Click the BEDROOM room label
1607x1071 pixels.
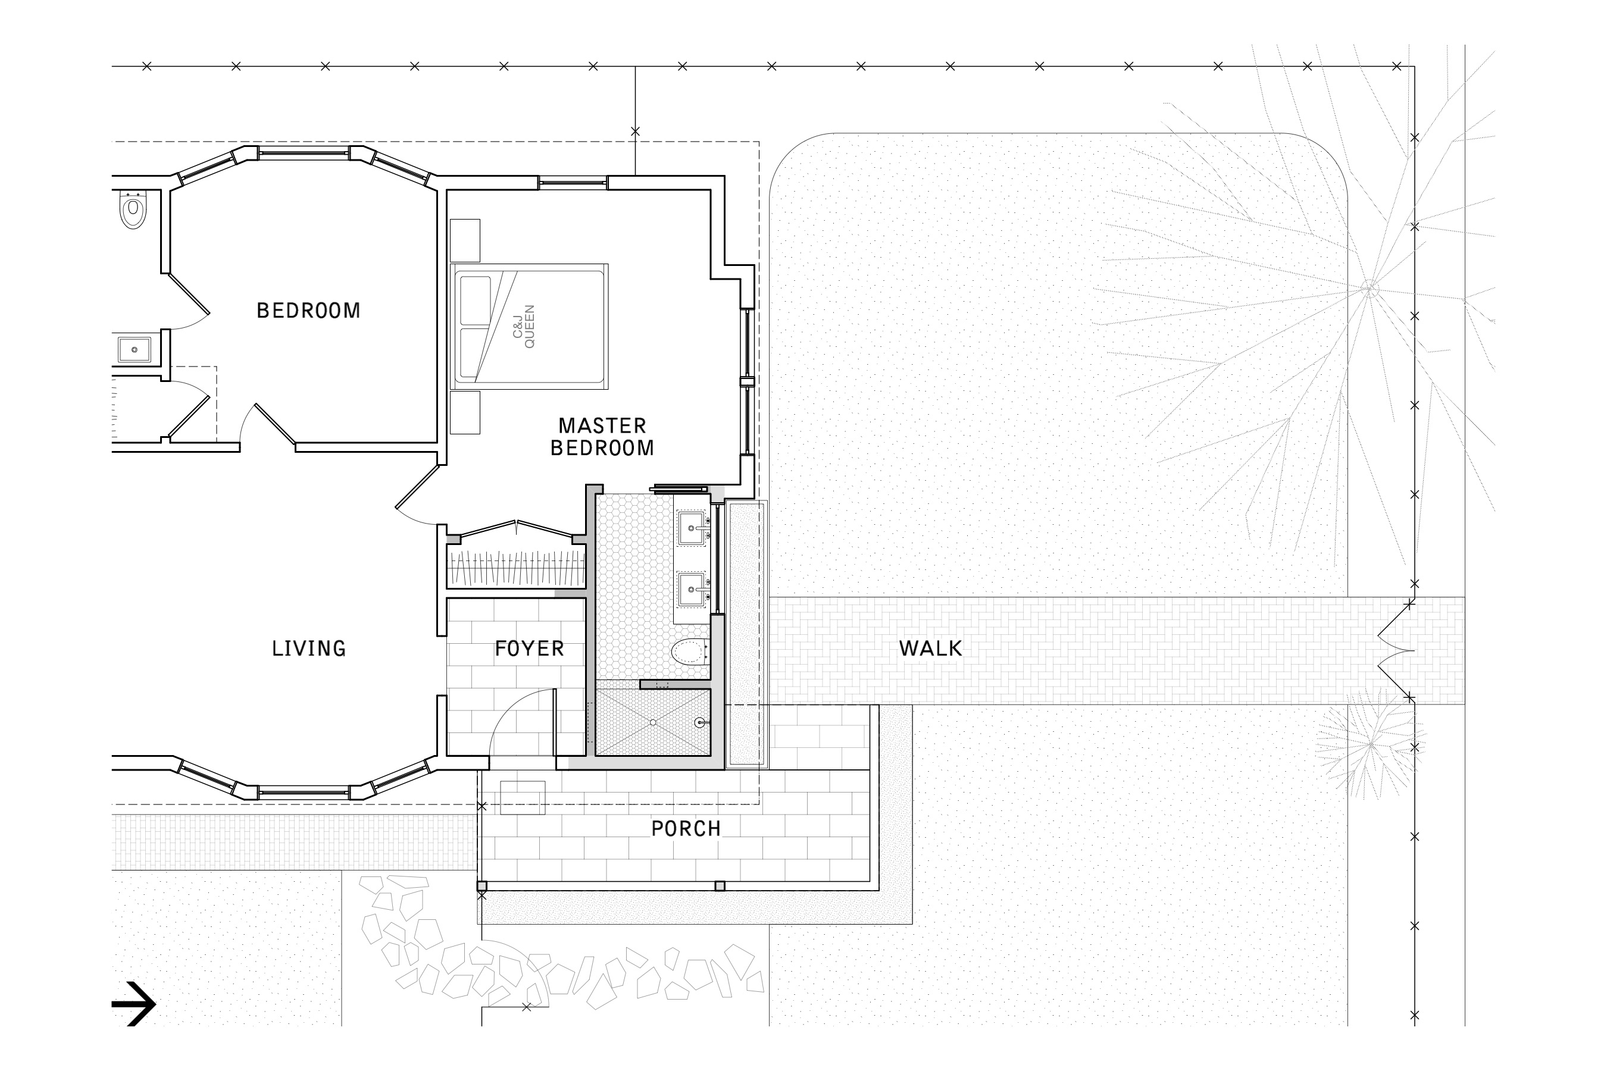pyautogui.click(x=308, y=311)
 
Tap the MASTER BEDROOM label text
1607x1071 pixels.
pyautogui.click(x=602, y=437)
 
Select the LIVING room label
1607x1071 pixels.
pyautogui.click(x=309, y=648)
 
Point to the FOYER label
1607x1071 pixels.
pyautogui.click(x=530, y=648)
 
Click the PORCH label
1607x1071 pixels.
pyautogui.click(x=686, y=828)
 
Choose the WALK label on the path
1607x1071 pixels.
pyautogui.click(x=931, y=648)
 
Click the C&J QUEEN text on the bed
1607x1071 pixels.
pyautogui.click(x=524, y=327)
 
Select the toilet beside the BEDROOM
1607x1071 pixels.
pyautogui.click(x=133, y=209)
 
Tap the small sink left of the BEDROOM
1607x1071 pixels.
pyautogui.click(x=135, y=350)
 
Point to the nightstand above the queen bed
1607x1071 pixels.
pyautogui.click(x=465, y=240)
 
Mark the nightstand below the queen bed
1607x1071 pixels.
pyautogui.click(x=465, y=412)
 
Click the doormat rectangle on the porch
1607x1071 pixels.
pyautogui.click(x=523, y=798)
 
